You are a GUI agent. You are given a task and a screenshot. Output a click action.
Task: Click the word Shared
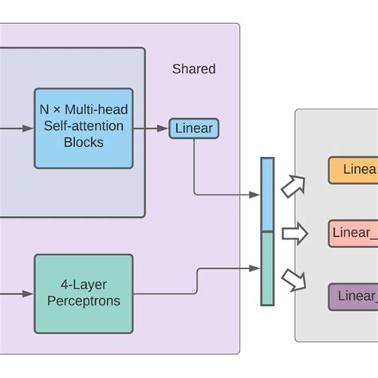[194, 69]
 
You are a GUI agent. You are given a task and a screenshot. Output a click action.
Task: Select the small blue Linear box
[193, 128]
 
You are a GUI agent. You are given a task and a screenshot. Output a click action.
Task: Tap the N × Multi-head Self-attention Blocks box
[83, 128]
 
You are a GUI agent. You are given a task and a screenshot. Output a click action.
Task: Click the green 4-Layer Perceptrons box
[83, 293]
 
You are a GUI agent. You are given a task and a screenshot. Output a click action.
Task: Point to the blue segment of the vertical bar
[267, 194]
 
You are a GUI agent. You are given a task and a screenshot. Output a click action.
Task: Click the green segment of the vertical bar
[267, 268]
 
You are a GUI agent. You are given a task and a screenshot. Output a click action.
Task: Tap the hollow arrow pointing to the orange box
[294, 186]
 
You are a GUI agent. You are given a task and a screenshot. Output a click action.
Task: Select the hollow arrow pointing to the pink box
[294, 234]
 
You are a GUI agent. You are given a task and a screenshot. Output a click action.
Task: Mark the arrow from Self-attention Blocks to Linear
[151, 128]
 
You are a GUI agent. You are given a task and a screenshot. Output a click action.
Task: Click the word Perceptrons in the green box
[83, 301]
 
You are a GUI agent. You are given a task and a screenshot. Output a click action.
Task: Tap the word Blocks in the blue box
[83, 144]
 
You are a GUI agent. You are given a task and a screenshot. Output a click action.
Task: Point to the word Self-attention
[83, 128]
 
